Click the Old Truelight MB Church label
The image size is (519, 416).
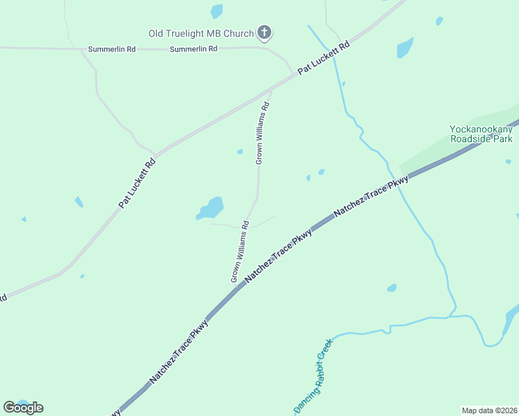point(201,33)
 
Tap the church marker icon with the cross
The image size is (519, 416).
point(264,32)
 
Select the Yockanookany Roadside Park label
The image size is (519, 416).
point(481,134)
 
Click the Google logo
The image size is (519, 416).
point(23,408)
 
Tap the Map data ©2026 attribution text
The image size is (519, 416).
point(489,410)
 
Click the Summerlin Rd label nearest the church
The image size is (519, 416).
point(194,49)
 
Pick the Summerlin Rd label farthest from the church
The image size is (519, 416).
point(112,50)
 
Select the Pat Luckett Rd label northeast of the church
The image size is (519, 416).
point(323,58)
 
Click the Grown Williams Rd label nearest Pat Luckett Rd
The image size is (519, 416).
point(262,133)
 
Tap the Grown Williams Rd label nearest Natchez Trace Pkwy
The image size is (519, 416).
point(240,251)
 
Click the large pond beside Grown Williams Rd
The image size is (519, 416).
point(211,207)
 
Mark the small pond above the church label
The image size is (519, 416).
point(217,11)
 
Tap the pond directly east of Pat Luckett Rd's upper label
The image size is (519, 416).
point(405,47)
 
